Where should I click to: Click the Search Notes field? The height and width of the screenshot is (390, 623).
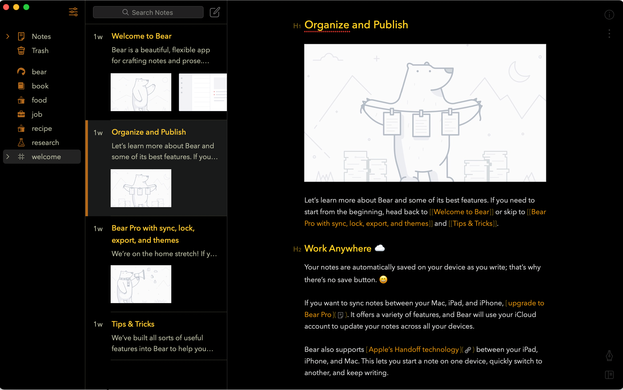148,12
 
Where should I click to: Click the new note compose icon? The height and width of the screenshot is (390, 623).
215,12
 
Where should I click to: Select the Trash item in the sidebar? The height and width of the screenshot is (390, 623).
40,51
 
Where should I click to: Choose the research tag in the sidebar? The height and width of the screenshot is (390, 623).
45,142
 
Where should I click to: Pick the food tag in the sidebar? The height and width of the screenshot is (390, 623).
39,100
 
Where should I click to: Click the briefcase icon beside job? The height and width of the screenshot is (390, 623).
21,114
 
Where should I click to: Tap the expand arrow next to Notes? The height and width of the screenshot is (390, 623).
8,36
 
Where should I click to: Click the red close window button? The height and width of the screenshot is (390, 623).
6,7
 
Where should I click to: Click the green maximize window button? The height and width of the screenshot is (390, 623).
26,7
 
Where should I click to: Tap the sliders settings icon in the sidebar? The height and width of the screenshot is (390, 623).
73,12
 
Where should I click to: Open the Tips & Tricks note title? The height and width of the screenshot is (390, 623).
133,324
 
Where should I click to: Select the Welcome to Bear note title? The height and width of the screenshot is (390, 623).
141,36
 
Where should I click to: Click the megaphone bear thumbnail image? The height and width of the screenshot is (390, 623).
141,284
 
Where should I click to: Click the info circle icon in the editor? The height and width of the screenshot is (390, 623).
609,15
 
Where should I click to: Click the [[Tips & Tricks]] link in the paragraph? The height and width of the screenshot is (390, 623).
473,223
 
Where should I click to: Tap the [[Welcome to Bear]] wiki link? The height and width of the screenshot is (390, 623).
461,212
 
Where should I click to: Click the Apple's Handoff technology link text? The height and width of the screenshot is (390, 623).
414,350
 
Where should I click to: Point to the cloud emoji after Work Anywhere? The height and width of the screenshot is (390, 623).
379,248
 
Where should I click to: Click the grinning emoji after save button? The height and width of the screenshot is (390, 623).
383,280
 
